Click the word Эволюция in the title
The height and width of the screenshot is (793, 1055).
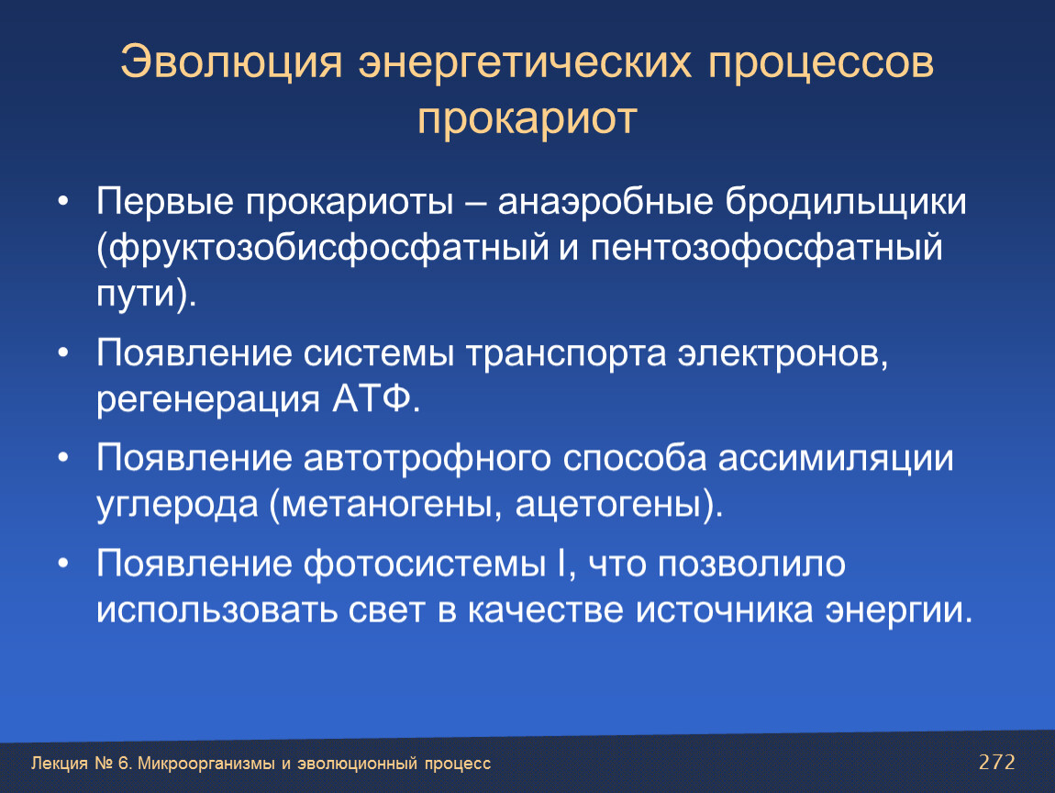(231, 61)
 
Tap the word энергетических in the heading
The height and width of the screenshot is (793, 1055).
(525, 61)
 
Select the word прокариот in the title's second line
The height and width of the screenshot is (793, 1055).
(527, 119)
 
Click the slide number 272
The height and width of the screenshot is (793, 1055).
(996, 762)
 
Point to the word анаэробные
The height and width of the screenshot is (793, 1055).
(605, 201)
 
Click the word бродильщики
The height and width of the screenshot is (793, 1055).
(846, 201)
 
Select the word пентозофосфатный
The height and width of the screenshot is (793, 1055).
(766, 248)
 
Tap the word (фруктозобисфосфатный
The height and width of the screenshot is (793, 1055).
(324, 248)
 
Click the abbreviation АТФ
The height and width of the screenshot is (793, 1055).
(371, 398)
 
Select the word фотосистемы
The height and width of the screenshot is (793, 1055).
(425, 564)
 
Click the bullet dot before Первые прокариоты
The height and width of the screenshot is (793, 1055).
(63, 201)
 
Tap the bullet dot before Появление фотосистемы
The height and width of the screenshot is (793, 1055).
(63, 564)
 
